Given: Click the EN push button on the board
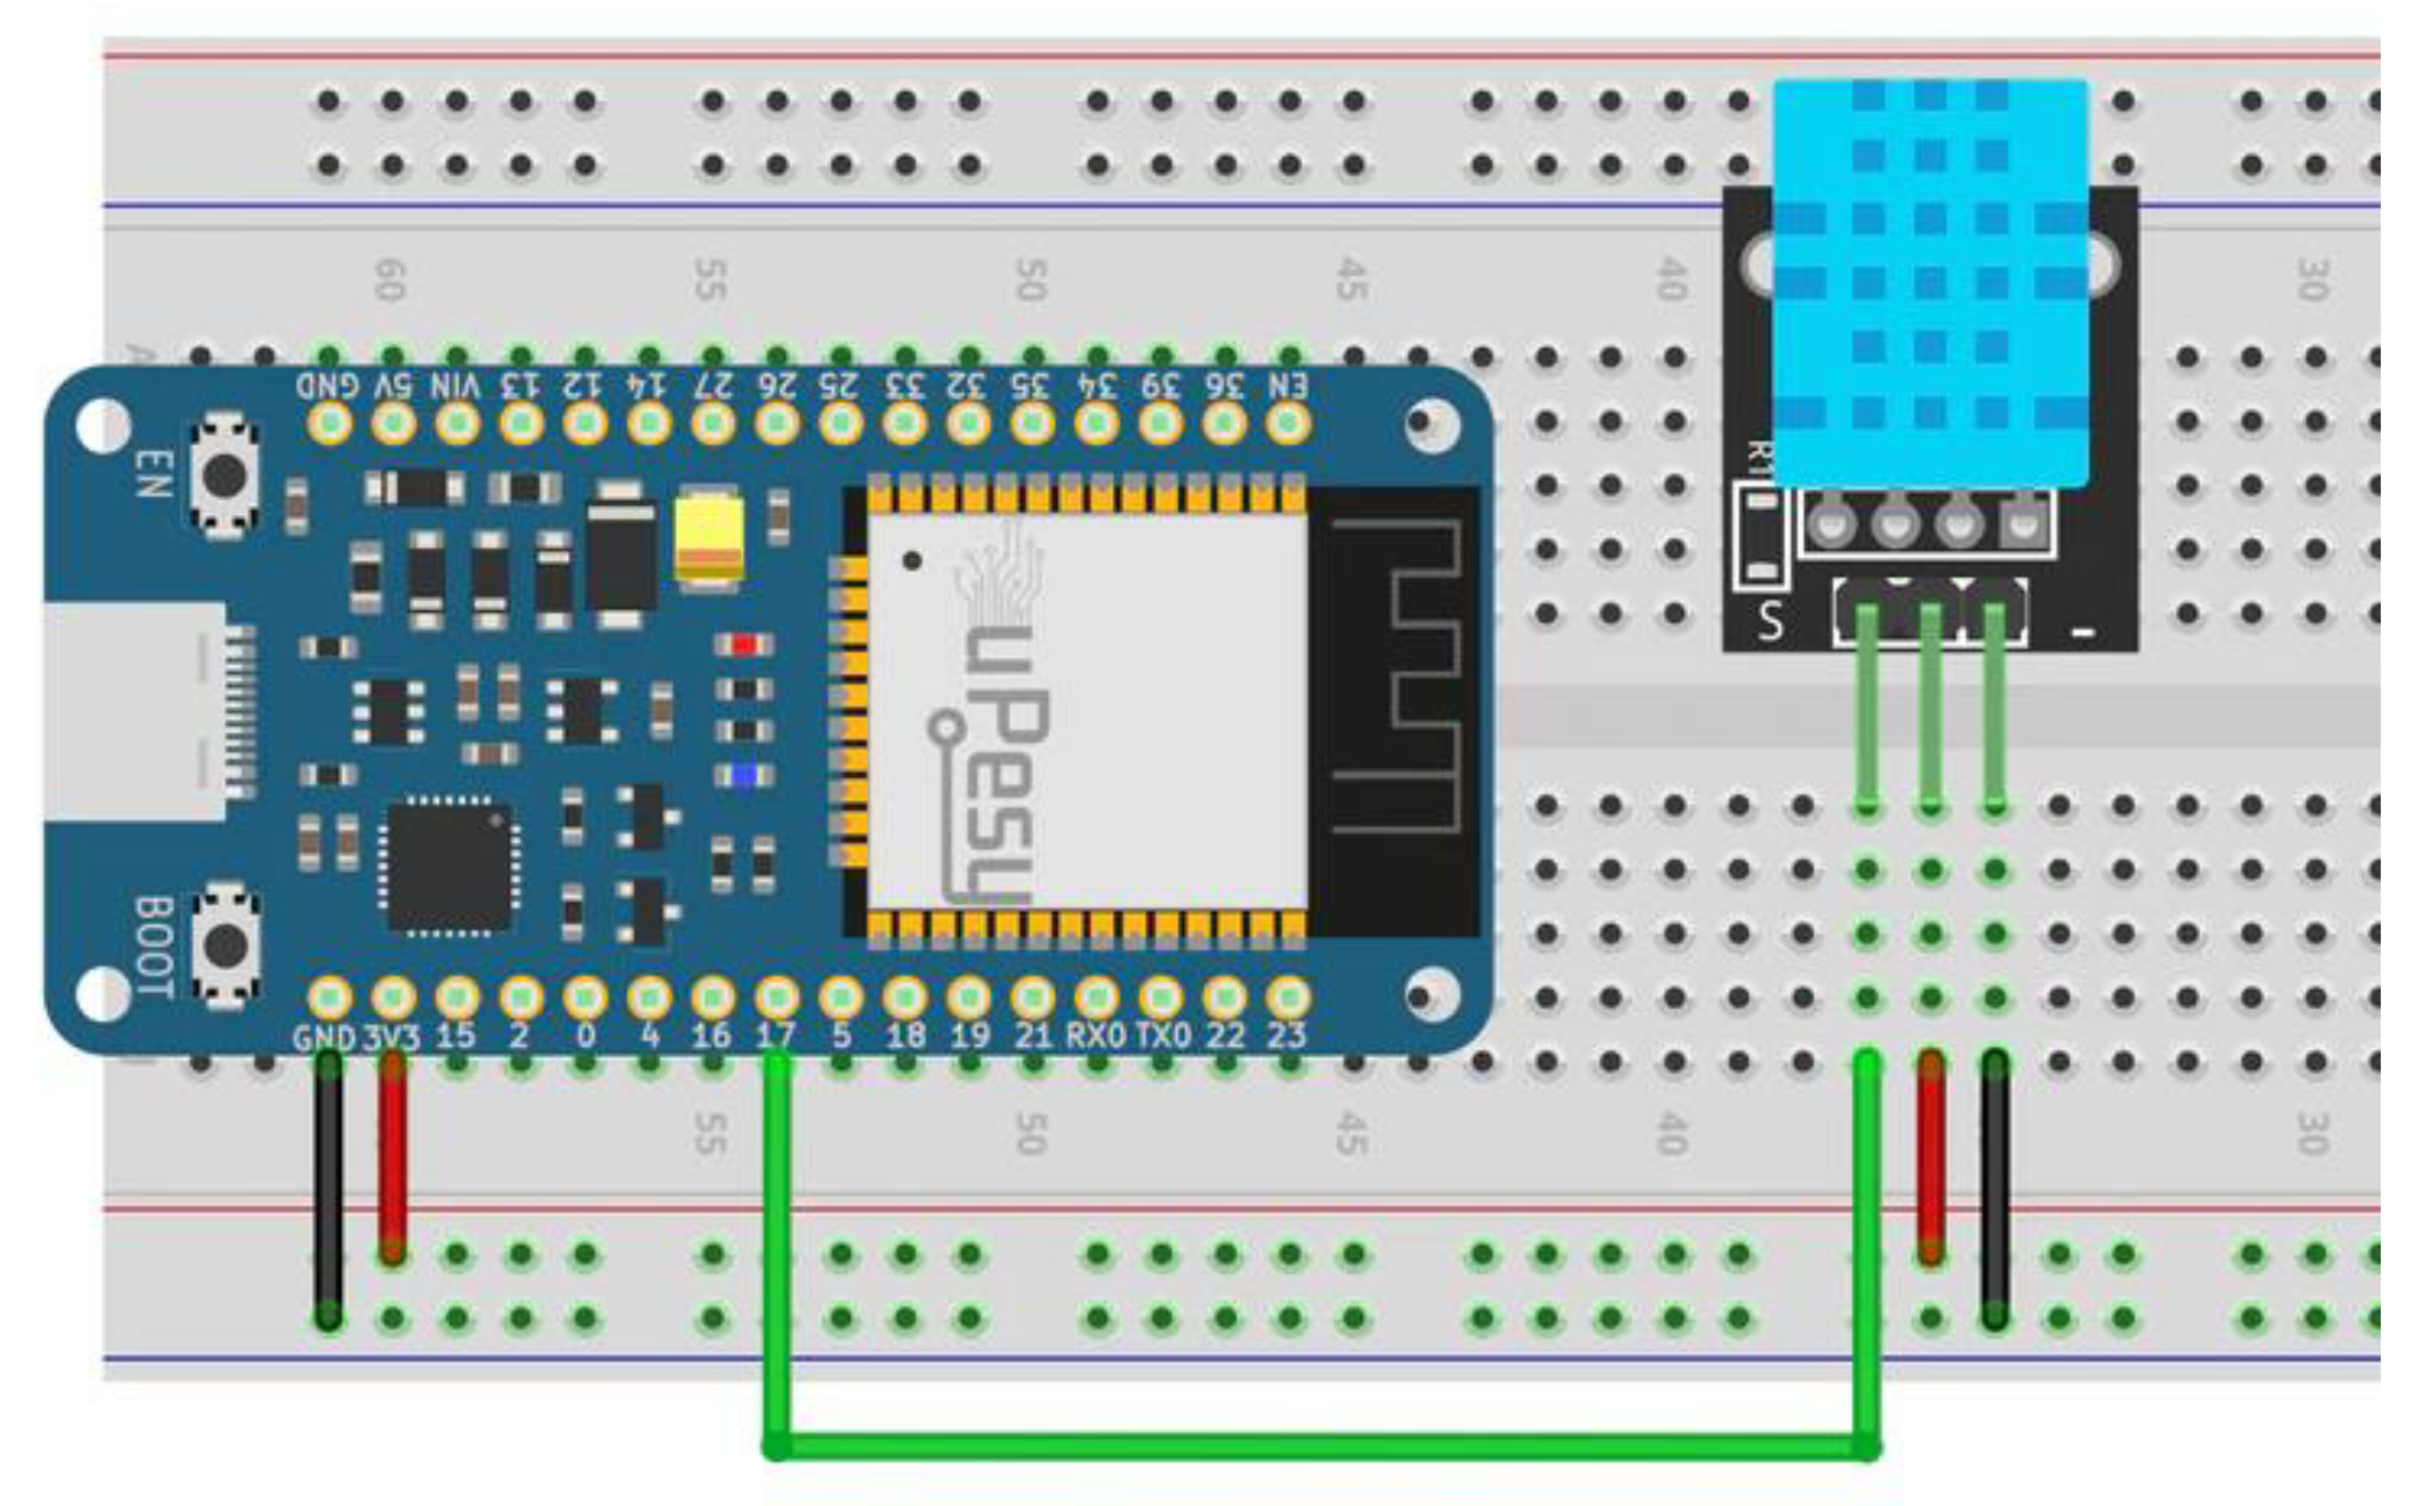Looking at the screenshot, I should (225, 475).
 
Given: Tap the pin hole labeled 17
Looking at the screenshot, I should (777, 996).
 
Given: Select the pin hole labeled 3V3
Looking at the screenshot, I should (393, 996).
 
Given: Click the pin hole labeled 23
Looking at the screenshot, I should (1288, 996).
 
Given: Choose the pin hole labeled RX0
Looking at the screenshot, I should (1097, 996).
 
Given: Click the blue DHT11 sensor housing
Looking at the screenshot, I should (1930, 284).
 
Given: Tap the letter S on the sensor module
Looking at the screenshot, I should (1770, 622).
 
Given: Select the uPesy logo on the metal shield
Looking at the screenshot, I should (996, 757).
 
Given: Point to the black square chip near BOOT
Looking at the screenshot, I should (450, 866).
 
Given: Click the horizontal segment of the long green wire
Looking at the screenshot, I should (1315, 1446).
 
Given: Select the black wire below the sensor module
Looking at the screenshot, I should (1995, 1191).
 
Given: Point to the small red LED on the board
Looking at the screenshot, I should (744, 645).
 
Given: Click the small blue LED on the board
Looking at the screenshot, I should (744, 775).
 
